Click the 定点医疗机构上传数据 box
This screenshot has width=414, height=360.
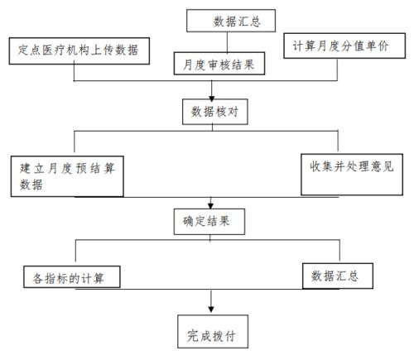78,51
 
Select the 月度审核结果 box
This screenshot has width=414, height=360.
219,63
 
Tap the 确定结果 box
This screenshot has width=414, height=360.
212,221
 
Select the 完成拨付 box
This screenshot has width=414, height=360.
212,335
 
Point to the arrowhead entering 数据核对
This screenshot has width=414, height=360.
212,97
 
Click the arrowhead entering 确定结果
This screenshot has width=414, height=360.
212,207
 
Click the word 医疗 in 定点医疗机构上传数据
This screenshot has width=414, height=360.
60,51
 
